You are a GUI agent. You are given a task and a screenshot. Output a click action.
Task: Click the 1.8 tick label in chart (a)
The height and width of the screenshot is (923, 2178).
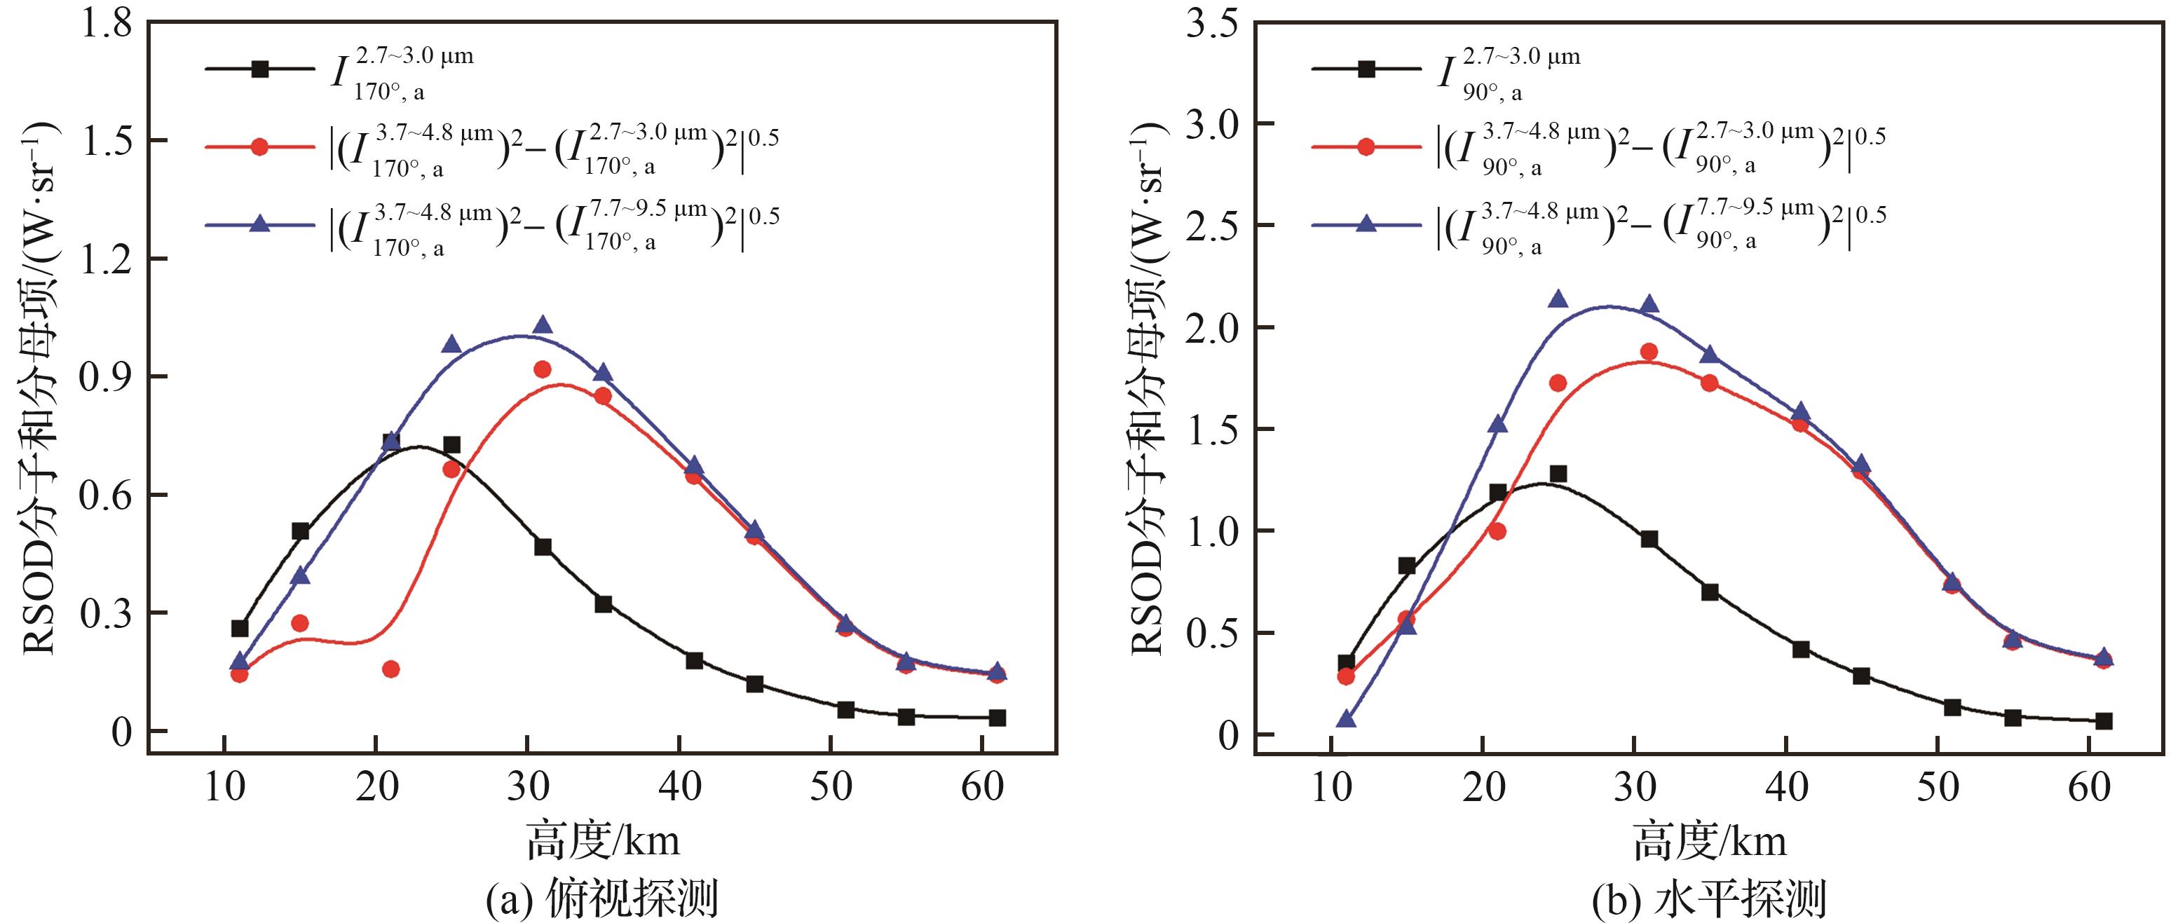pyautogui.click(x=105, y=23)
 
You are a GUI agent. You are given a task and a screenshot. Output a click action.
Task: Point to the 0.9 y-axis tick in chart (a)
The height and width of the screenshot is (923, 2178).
pyautogui.click(x=105, y=377)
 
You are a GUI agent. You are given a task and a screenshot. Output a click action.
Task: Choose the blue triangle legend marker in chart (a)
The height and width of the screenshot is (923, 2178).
pyautogui.click(x=260, y=224)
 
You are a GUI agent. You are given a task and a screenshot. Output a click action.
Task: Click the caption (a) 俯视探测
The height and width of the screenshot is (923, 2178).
pyautogui.click(x=602, y=899)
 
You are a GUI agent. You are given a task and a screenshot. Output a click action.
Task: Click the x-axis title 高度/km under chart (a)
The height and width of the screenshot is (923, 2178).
pyautogui.click(x=602, y=841)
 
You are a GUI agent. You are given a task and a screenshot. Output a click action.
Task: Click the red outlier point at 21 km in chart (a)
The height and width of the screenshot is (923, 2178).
pyautogui.click(x=390, y=669)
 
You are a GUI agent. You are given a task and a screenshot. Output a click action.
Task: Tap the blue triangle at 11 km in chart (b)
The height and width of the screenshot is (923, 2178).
pyautogui.click(x=1346, y=719)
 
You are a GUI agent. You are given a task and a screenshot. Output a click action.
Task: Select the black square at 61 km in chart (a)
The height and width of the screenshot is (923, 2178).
pyautogui.click(x=997, y=718)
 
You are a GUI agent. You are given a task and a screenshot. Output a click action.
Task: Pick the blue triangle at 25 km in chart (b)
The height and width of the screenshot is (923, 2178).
pyautogui.click(x=1558, y=299)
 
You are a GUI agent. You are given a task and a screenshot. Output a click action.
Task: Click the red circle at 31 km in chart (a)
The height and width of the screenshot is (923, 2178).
pyautogui.click(x=542, y=369)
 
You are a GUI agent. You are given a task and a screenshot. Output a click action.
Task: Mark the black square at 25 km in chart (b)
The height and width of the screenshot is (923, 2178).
pyautogui.click(x=1558, y=473)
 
